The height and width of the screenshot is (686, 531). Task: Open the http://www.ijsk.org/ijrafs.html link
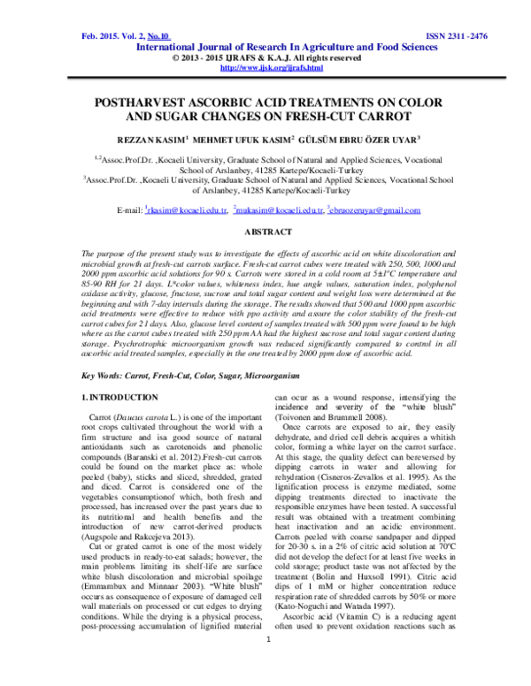[x=271, y=67]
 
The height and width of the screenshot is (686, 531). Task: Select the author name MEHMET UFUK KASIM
[x=259, y=139]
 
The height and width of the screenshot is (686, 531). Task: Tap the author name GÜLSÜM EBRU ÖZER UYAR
[x=372, y=139]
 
